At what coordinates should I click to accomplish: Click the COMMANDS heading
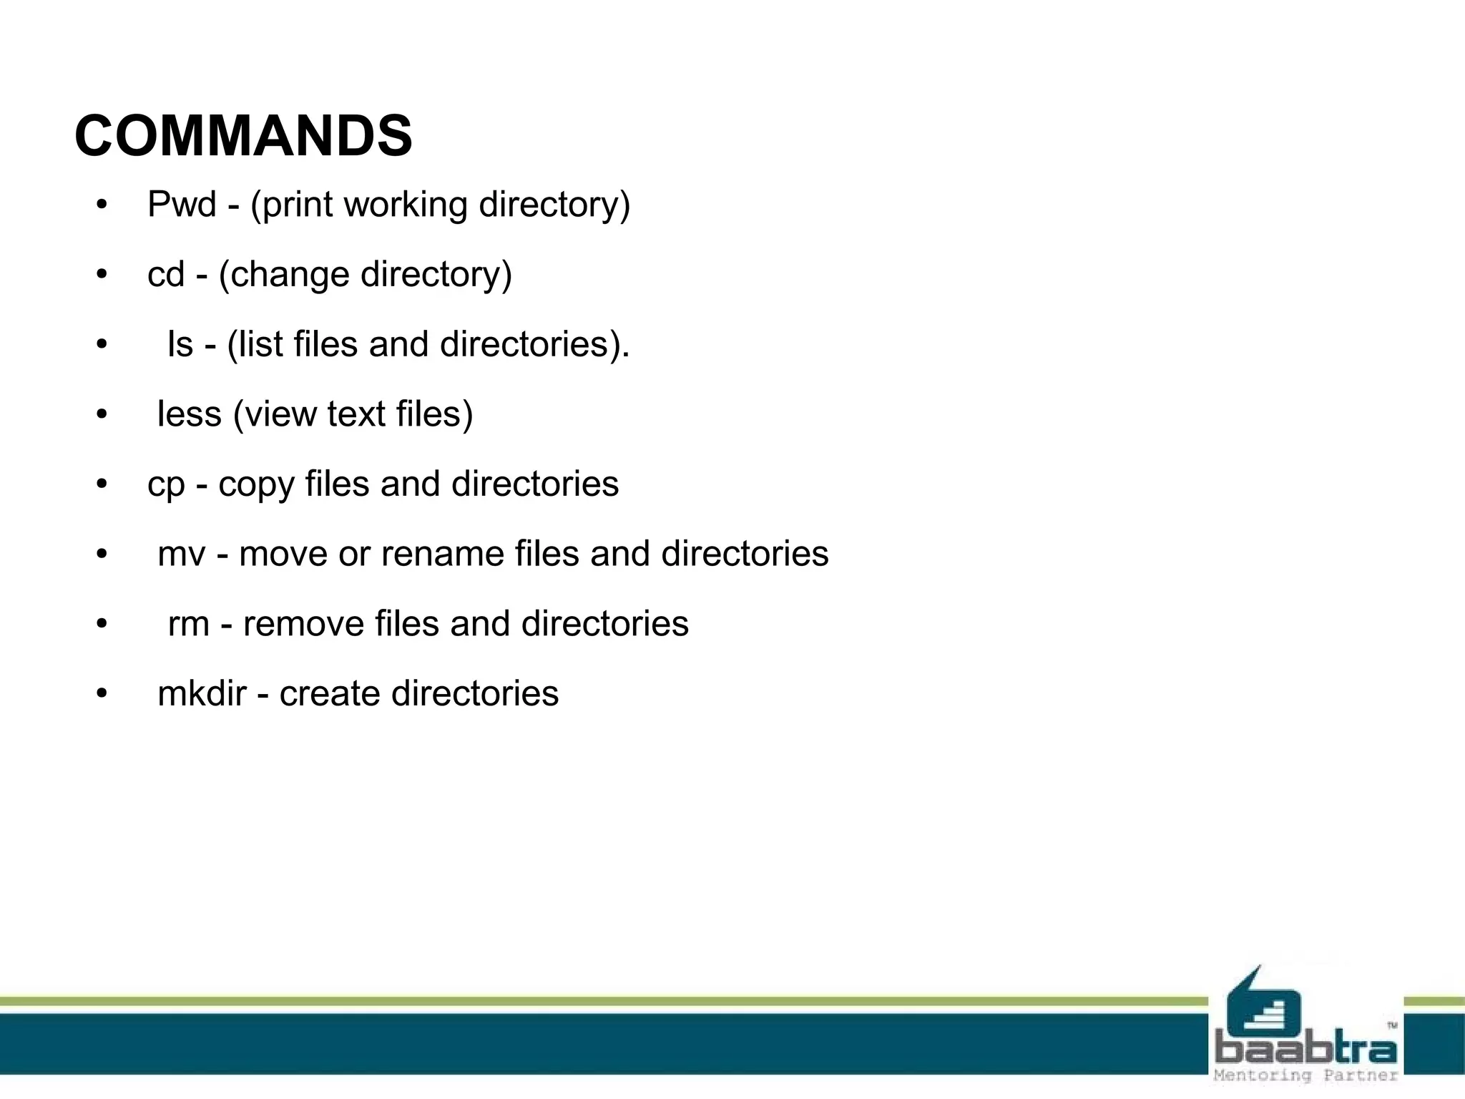click(243, 136)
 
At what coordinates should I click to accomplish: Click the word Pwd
click(182, 205)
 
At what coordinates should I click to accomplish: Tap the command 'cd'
click(166, 275)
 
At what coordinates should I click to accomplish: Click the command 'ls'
click(180, 344)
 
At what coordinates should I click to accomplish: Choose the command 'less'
click(190, 414)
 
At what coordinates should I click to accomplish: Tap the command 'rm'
click(188, 624)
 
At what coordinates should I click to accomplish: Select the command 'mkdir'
click(202, 693)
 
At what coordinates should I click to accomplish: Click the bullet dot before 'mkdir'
click(102, 693)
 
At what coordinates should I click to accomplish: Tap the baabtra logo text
click(1305, 1049)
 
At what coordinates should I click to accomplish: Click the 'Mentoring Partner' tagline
click(1305, 1075)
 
